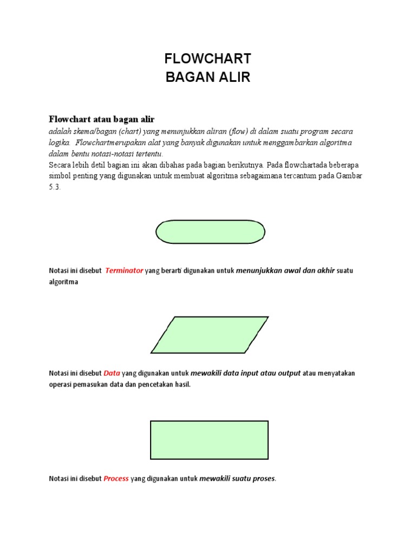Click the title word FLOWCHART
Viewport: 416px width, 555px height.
(x=208, y=59)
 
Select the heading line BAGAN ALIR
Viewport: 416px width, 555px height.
(x=208, y=78)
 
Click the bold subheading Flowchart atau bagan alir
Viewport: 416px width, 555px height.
(x=102, y=119)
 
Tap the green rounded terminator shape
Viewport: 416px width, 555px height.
(x=210, y=231)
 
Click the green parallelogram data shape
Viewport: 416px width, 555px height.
(x=210, y=334)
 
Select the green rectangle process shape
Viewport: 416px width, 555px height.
(x=209, y=440)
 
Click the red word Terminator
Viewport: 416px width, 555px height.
(x=124, y=270)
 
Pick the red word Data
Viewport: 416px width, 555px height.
(x=112, y=373)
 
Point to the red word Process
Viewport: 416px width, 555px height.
(x=116, y=479)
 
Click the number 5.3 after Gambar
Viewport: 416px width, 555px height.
(x=55, y=186)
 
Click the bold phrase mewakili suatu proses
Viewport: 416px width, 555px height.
(x=237, y=479)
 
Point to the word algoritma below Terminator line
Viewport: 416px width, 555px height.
(x=63, y=282)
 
